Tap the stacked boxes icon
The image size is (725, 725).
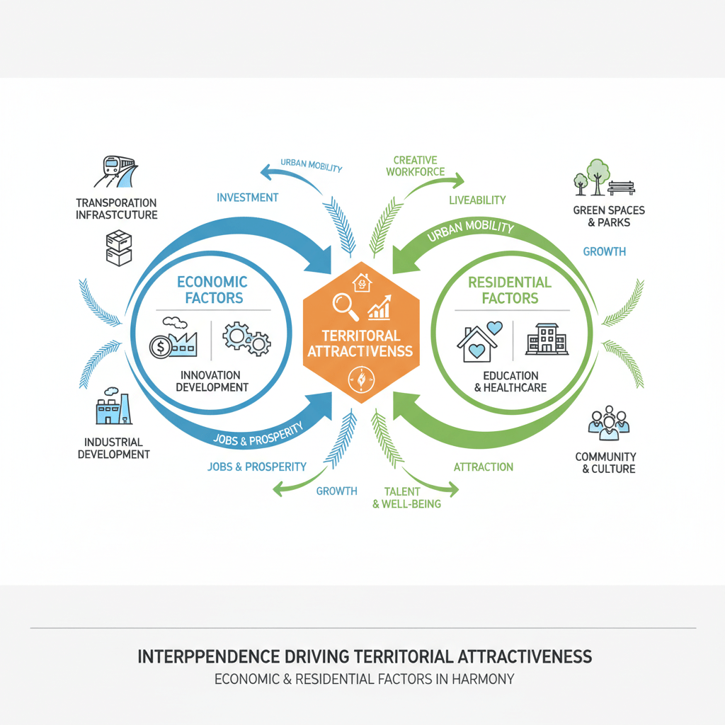pyautogui.click(x=118, y=248)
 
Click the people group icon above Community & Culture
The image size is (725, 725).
pyautogui.click(x=608, y=421)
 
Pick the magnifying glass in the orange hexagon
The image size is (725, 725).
pyautogui.click(x=345, y=305)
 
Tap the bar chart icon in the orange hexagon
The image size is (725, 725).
pyautogui.click(x=379, y=307)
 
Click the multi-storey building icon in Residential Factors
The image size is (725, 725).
pyautogui.click(x=546, y=339)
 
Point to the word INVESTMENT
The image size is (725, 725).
pyautogui.click(x=247, y=198)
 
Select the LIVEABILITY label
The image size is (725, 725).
pyautogui.click(x=477, y=200)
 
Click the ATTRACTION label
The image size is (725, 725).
pyautogui.click(x=483, y=467)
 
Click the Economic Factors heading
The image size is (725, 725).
pyautogui.click(x=212, y=290)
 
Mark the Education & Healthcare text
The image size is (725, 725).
pyautogui.click(x=510, y=382)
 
